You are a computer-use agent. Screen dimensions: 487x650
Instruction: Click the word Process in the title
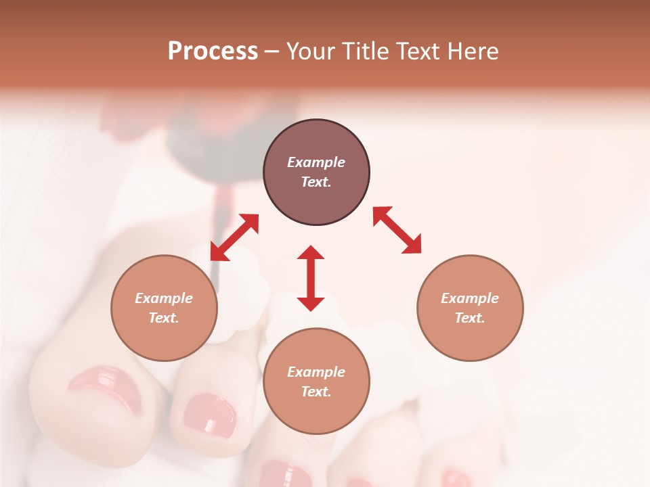[x=213, y=51]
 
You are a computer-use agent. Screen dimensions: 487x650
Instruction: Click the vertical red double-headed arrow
[x=311, y=278]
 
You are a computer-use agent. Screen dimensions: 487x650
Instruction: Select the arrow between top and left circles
[x=234, y=237]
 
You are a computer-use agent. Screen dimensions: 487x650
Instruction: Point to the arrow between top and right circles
[x=397, y=230]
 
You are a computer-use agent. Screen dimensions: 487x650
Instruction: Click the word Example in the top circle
[x=316, y=162]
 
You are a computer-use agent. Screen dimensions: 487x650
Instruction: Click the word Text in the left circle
[x=164, y=318]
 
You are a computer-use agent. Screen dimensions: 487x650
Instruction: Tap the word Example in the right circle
[x=470, y=298]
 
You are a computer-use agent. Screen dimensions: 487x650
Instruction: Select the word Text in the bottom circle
[x=316, y=392]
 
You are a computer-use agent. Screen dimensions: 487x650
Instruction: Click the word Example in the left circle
[x=164, y=298]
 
